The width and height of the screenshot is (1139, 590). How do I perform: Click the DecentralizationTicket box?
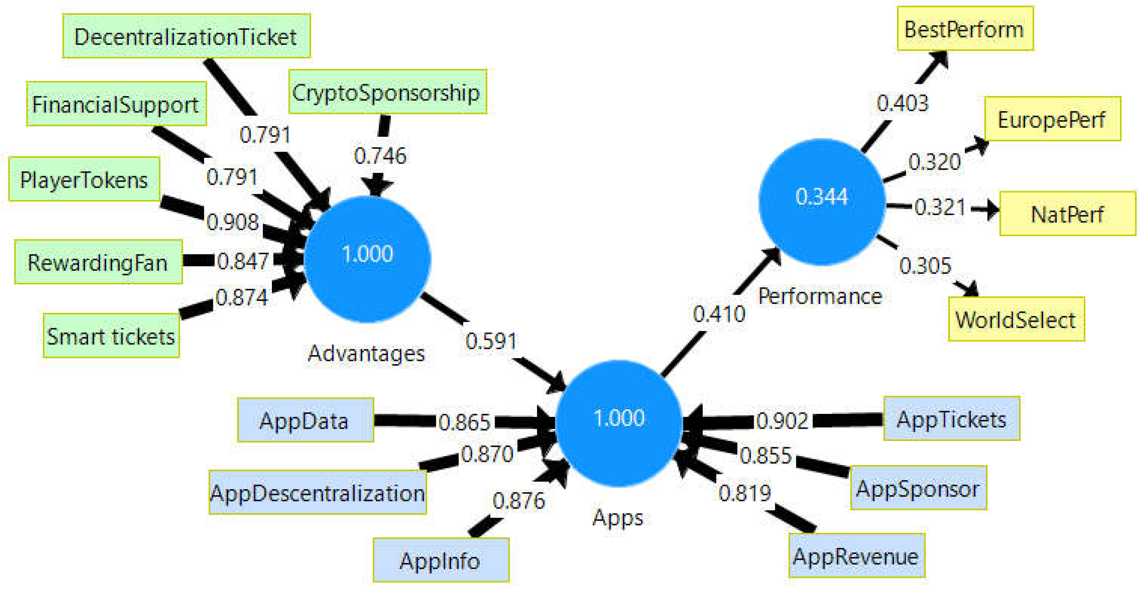point(186,36)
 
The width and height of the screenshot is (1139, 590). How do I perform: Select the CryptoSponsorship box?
point(387,92)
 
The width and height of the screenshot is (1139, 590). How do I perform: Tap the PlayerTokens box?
point(84,179)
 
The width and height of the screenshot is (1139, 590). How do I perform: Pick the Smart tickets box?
point(111,336)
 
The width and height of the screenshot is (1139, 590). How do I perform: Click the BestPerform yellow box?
point(965,29)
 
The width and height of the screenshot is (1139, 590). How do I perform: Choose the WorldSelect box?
point(1016,319)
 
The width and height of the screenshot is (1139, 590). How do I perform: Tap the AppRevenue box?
point(856,555)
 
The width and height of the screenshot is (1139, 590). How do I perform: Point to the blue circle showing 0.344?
point(821,202)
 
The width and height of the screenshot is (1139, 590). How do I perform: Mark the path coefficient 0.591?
point(491,341)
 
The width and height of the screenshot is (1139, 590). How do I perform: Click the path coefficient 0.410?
point(719,314)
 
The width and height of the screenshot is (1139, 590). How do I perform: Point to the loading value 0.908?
point(233,222)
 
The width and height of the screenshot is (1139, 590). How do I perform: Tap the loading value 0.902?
point(782,420)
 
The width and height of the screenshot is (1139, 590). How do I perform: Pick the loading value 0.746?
point(380,156)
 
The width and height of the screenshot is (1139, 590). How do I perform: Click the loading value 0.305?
point(925,266)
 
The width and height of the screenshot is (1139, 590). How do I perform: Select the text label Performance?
point(820,296)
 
